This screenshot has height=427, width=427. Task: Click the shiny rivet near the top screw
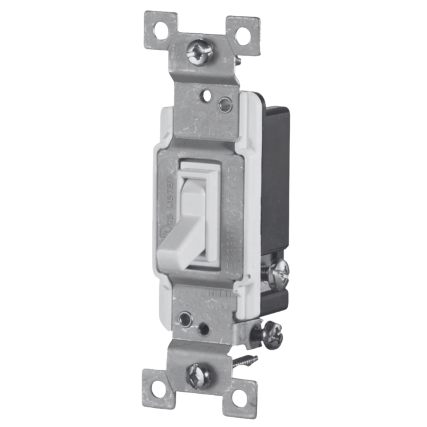(224, 104)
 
